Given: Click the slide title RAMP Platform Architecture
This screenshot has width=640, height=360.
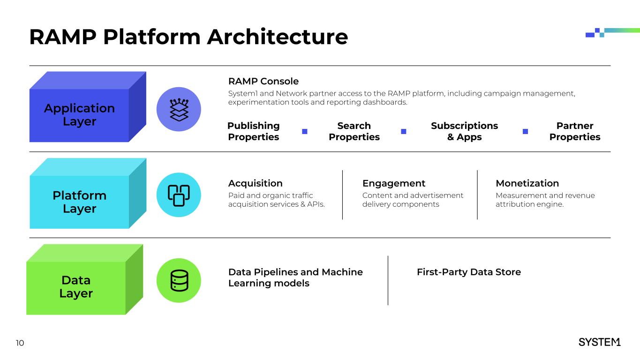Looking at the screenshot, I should point(188,37).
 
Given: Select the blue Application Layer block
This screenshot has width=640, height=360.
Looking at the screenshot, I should point(79,115).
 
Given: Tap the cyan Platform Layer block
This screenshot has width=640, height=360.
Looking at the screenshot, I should point(79,202).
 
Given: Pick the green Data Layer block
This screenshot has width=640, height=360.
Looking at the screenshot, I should point(76,287).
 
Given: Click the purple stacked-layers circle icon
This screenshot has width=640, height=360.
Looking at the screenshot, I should point(179,109).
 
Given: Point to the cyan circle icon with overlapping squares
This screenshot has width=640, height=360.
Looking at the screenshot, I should point(179,195).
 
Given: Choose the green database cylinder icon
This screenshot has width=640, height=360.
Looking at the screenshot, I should point(179,280).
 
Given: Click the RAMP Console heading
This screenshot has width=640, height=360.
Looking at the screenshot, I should point(263,82).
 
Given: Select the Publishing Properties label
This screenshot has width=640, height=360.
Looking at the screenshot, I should point(253,131).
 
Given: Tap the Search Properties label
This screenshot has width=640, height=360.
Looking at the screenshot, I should point(354,131).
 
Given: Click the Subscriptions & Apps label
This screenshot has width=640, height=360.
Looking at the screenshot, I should point(464,131).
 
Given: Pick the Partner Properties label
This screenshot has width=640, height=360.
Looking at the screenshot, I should point(575,131).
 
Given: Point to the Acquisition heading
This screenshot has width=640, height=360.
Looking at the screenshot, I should point(255,183).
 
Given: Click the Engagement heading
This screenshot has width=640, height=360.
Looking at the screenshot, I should point(394,183).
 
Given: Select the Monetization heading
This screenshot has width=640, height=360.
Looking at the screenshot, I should point(527,183).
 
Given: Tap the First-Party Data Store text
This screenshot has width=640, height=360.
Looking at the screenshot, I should point(468,272).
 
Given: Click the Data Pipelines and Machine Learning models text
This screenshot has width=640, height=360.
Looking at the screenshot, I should point(295,277).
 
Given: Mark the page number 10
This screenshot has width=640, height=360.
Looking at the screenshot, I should point(20,343).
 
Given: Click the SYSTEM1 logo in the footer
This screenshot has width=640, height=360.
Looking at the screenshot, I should point(599,342).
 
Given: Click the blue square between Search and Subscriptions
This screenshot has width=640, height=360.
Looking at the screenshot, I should point(403,131).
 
